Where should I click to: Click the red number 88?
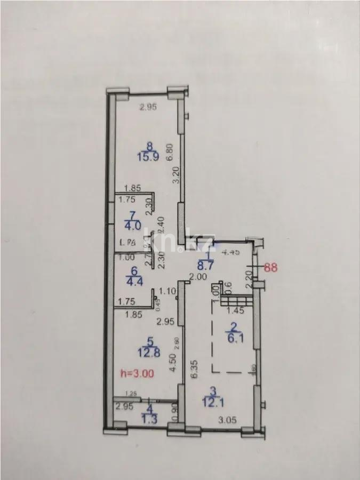click(271, 268)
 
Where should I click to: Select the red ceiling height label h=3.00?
click(138, 374)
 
